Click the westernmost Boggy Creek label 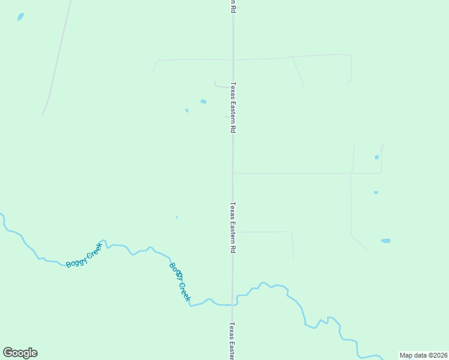click(x=84, y=257)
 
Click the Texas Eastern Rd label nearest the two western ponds click(x=233, y=107)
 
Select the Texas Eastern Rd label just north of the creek click(x=233, y=227)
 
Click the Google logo click(x=20, y=353)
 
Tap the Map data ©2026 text click(x=423, y=355)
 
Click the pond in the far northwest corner click(x=20, y=17)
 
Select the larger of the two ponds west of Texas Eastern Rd click(x=203, y=101)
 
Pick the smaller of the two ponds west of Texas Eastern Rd click(x=187, y=110)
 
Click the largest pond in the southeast click(x=385, y=241)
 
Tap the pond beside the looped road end click(x=377, y=157)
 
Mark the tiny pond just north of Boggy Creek click(x=176, y=217)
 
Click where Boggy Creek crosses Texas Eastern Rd click(x=233, y=305)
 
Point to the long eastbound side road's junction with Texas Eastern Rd click(x=233, y=173)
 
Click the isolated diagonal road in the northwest click(x=57, y=57)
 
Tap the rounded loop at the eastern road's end click(x=382, y=148)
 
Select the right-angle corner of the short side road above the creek click(x=292, y=232)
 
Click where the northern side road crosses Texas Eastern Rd click(x=233, y=59)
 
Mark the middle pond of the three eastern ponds click(x=376, y=193)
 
